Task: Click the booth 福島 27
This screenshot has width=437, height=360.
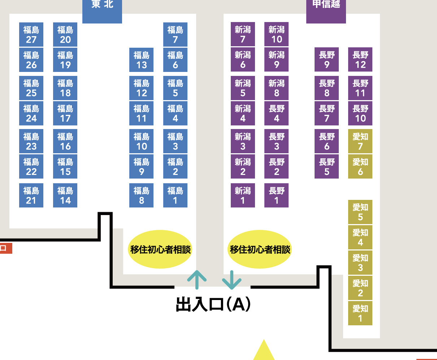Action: click(31, 35)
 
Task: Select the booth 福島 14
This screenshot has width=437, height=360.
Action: click(65, 196)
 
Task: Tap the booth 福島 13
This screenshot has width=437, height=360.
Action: click(141, 60)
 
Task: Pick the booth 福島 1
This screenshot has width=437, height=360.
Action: click(175, 196)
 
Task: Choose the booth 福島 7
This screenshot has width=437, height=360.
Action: click(175, 35)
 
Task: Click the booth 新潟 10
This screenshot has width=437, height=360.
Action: click(276, 35)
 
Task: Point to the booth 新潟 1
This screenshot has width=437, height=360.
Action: click(243, 196)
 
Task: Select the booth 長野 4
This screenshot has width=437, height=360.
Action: click(276, 113)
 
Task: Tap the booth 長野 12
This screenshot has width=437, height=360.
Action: click(360, 60)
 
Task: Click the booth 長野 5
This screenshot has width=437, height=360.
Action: click(326, 167)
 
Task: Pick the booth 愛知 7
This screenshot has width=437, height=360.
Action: click(360, 141)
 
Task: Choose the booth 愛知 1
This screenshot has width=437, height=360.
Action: click(360, 313)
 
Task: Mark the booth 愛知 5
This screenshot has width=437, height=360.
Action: click(360, 212)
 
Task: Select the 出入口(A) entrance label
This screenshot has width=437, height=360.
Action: click(213, 304)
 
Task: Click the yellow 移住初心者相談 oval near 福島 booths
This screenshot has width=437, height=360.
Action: click(160, 249)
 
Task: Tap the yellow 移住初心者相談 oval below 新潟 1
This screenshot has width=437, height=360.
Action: click(260, 249)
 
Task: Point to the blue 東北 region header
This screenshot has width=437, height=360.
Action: click(102, 9)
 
